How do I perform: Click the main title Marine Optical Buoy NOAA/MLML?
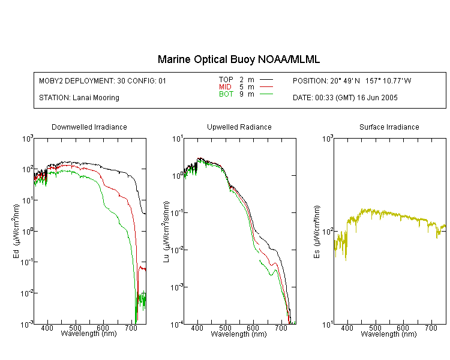click(x=238, y=59)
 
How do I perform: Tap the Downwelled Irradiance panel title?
click(x=89, y=127)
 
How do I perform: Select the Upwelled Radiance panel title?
click(x=239, y=127)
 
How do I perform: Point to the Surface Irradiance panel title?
click(x=389, y=127)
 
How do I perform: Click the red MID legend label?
click(x=225, y=86)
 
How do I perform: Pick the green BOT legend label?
click(x=226, y=94)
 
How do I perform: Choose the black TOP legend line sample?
click(x=266, y=80)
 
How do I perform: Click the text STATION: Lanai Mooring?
click(x=79, y=98)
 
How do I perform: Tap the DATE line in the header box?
click(x=345, y=98)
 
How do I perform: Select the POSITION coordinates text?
click(x=352, y=80)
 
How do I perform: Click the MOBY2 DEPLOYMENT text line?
click(x=103, y=80)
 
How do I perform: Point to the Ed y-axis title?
click(x=16, y=231)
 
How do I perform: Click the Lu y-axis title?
click(x=166, y=232)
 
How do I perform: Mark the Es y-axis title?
click(x=317, y=232)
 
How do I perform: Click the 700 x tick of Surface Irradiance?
click(x=431, y=328)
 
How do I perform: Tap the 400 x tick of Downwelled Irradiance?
click(x=47, y=328)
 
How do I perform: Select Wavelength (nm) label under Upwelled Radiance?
click(x=239, y=334)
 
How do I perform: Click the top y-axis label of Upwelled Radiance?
click(x=178, y=139)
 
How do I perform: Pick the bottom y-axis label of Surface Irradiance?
click(x=328, y=325)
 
